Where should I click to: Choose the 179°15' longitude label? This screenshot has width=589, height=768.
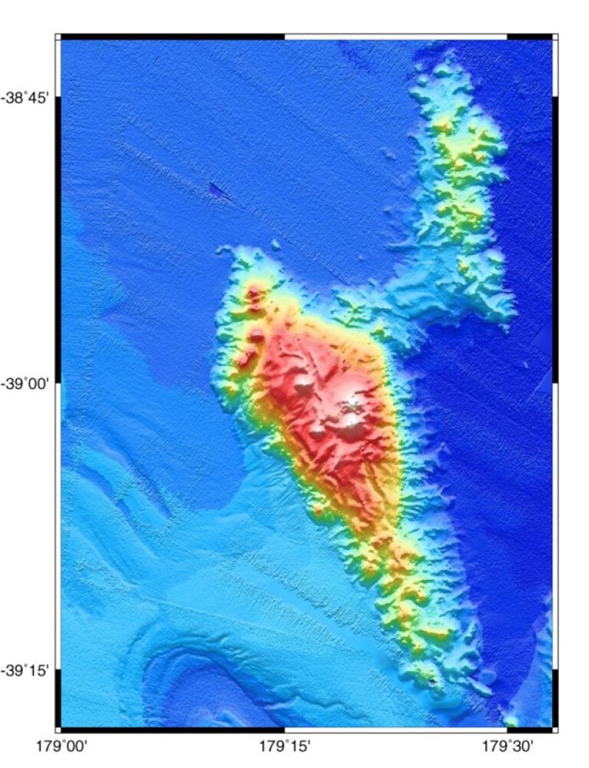pyautogui.click(x=284, y=746)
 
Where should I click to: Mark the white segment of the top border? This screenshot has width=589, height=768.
pyautogui.click(x=395, y=36)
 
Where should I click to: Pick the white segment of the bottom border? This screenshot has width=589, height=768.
pyautogui.click(x=395, y=729)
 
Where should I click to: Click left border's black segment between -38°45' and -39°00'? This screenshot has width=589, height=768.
pyautogui.click(x=58, y=240)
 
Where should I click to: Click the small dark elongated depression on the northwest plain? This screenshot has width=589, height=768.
pyautogui.click(x=219, y=191)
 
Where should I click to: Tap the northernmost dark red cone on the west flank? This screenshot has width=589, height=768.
pyautogui.click(x=255, y=296)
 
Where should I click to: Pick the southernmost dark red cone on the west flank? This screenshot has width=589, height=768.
pyautogui.click(x=245, y=360)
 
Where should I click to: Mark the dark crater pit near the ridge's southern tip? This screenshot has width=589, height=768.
pyautogui.click(x=431, y=683)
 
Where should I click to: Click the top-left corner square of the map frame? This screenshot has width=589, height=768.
pyautogui.click(x=58, y=36)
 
